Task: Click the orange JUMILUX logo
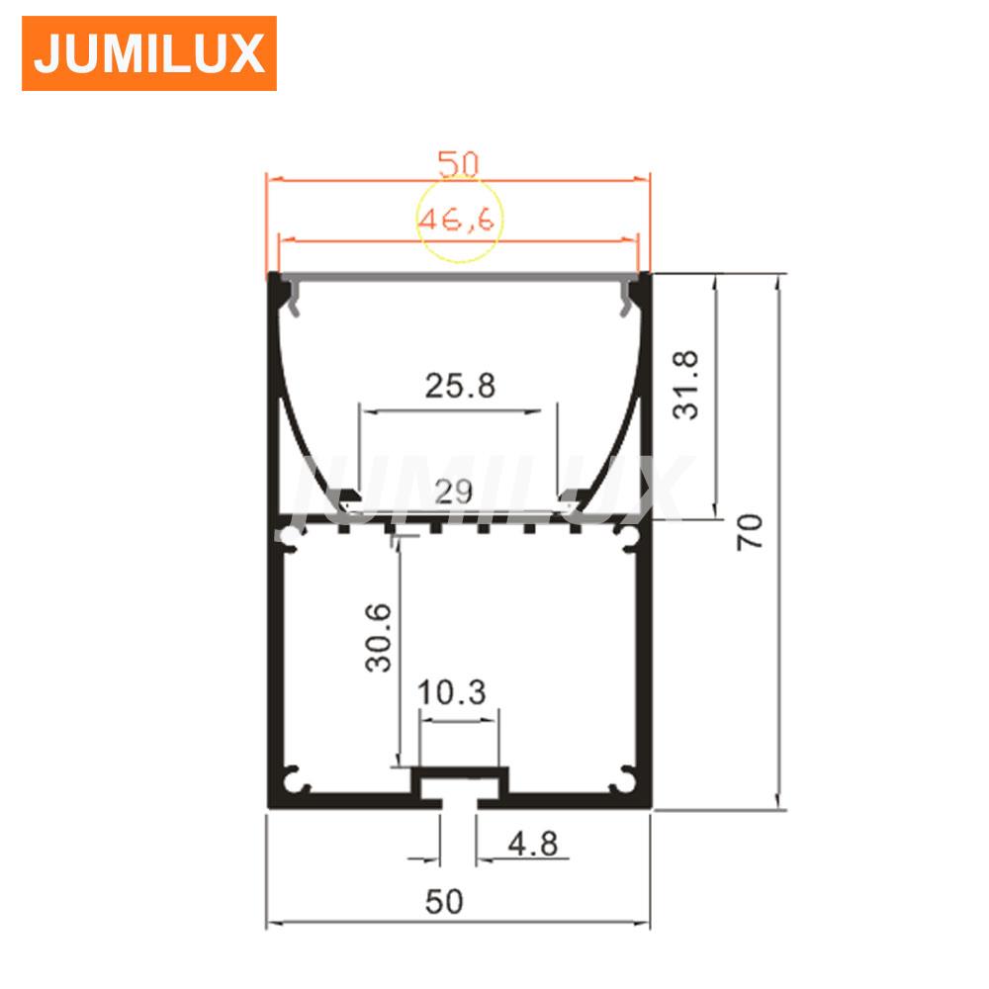(149, 53)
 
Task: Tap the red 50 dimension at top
(459, 164)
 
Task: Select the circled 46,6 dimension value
(457, 220)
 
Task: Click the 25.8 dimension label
(460, 386)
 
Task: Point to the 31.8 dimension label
(685, 385)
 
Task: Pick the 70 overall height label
(750, 532)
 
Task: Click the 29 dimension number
(454, 491)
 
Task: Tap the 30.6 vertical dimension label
(379, 637)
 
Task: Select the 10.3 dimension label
(452, 692)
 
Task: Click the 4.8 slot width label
(533, 844)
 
